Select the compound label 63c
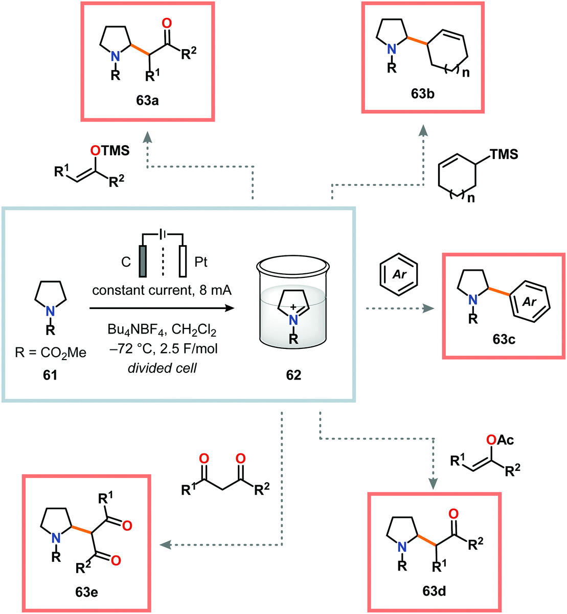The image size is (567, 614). (504, 339)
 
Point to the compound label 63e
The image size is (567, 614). (86, 592)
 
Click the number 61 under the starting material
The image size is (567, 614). (50, 375)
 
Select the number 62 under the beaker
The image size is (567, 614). (293, 375)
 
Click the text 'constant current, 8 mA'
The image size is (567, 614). (162, 291)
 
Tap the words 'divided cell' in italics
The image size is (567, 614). (162, 368)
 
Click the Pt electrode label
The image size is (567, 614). (201, 262)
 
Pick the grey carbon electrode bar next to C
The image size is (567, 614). (142, 262)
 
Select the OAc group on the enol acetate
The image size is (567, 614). (500, 440)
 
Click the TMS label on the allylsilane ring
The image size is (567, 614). (504, 154)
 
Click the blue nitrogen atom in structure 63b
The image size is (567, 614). (391, 49)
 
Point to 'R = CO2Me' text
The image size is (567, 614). (50, 352)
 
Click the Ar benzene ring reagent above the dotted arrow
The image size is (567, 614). (399, 274)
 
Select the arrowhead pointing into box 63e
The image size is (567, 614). (165, 545)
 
